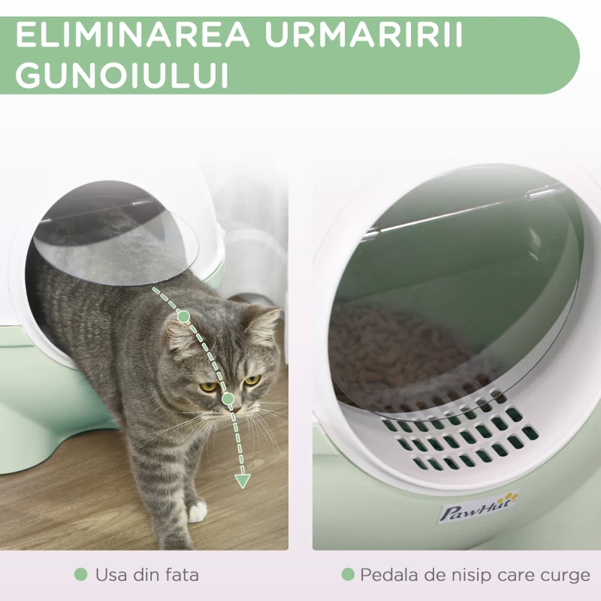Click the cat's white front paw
click(x=197, y=513)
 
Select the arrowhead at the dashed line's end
click(x=242, y=479)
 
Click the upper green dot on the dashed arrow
click(x=183, y=317)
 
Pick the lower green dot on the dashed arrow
click(x=228, y=398)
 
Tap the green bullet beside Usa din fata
click(x=80, y=575)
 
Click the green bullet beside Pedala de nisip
click(x=347, y=575)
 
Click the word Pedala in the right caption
click(x=387, y=575)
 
